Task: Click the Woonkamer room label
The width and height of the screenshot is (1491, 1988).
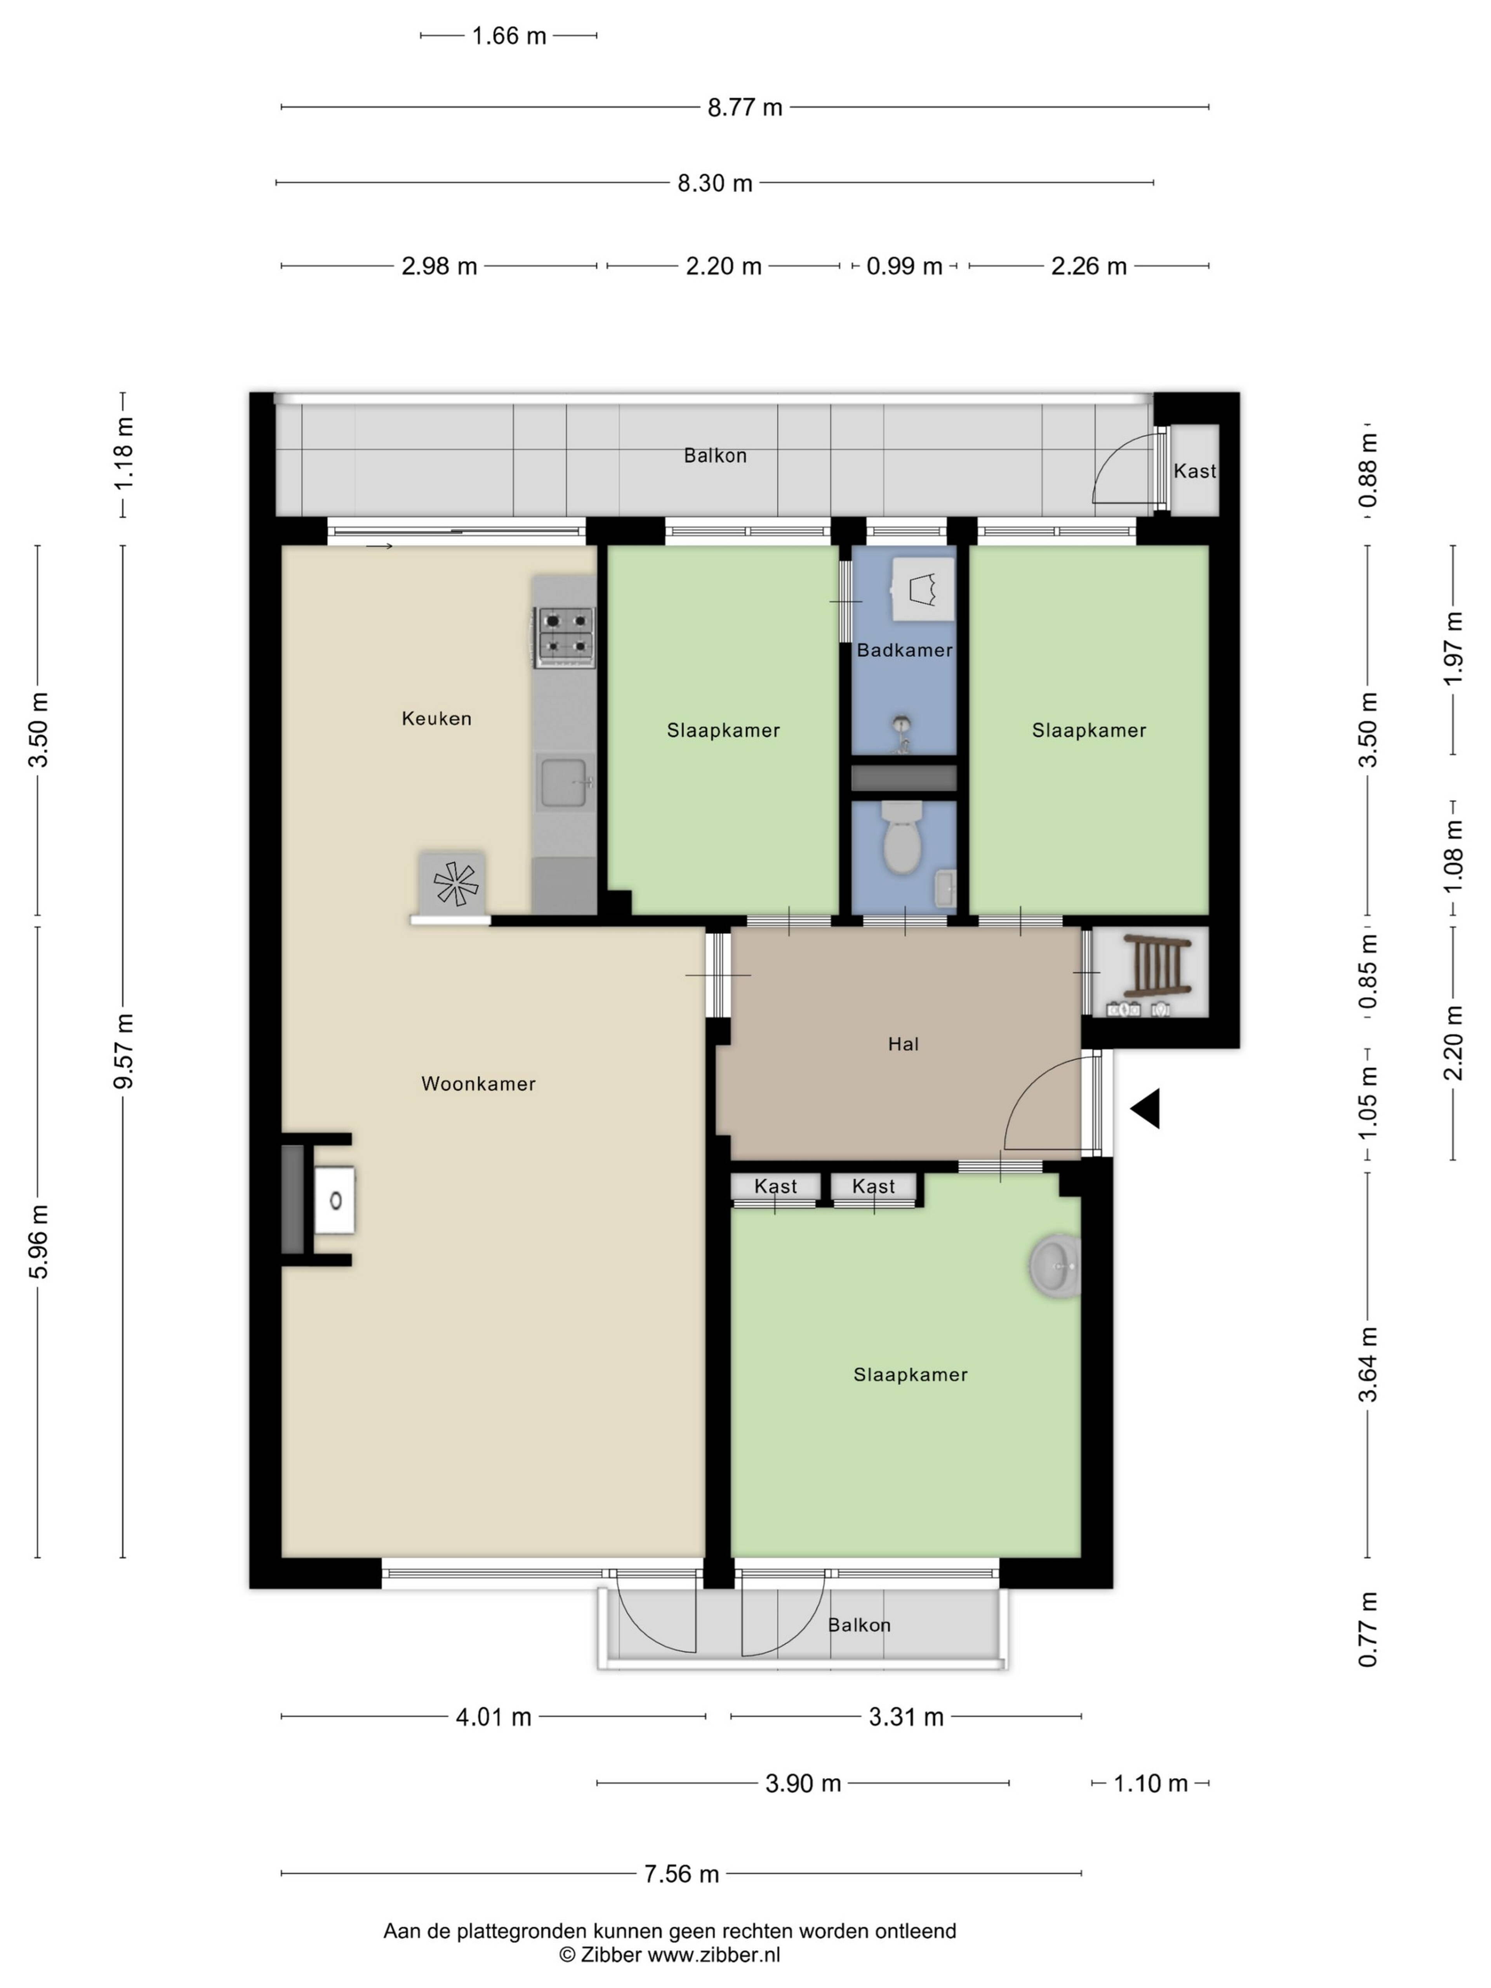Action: coord(478,1084)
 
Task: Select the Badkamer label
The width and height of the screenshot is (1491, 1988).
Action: coord(904,650)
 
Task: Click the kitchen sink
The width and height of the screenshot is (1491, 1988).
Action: coord(563,781)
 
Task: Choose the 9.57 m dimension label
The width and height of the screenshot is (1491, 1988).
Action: coord(123,1051)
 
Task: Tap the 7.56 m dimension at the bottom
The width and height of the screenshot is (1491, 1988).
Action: coord(681,1874)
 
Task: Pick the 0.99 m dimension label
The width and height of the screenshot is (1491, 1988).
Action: coord(904,266)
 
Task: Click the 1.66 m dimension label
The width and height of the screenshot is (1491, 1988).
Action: coord(509,36)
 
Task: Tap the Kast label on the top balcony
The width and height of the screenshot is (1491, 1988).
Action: coord(1194,471)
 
